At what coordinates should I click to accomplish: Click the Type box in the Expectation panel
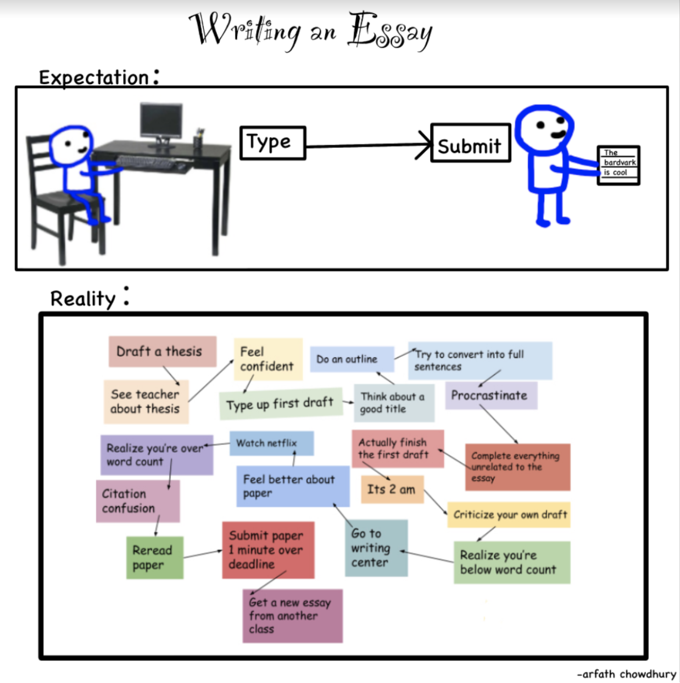click(x=272, y=143)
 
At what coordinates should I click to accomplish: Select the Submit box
click(x=471, y=143)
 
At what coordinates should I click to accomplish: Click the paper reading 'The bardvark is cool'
click(x=618, y=165)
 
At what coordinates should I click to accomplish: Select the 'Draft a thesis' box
click(x=162, y=351)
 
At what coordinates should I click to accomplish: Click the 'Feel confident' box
click(x=267, y=359)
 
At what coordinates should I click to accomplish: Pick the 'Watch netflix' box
click(x=271, y=443)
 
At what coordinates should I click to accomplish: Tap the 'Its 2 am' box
click(x=392, y=489)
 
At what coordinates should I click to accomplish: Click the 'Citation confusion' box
click(x=137, y=501)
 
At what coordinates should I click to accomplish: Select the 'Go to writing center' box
click(x=376, y=548)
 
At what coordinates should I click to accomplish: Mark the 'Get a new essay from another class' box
click(x=292, y=616)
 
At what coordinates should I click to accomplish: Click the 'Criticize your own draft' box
click(x=509, y=515)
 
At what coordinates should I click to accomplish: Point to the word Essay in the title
click(x=390, y=32)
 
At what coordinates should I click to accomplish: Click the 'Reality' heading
click(x=83, y=299)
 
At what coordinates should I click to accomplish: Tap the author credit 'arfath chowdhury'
click(x=627, y=674)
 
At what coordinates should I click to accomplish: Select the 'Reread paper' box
click(x=154, y=557)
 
